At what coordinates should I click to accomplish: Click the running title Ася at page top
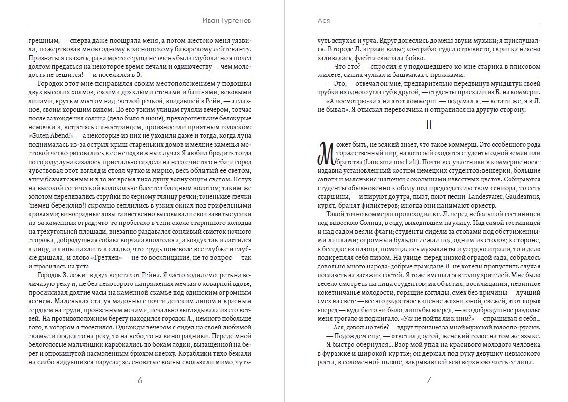pyautogui.click(x=323, y=21)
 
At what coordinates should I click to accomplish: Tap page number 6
pyautogui.click(x=140, y=380)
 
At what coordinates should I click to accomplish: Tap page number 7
pyautogui.click(x=429, y=380)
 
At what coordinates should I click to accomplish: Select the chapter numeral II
pyautogui.click(x=429, y=125)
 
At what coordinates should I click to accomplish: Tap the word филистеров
pyautogui.click(x=380, y=205)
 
